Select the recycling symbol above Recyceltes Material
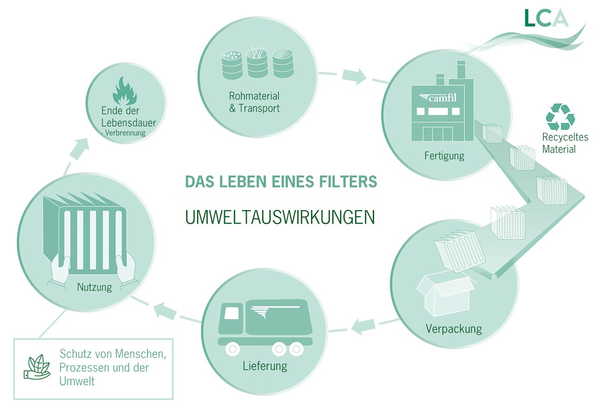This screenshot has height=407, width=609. [x=560, y=117]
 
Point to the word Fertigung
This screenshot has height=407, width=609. [x=444, y=155]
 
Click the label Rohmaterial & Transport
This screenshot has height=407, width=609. [x=254, y=101]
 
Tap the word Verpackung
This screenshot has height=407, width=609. [x=454, y=329]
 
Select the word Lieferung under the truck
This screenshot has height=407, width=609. [x=264, y=365]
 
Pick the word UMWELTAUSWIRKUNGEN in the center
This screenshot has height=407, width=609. [x=280, y=216]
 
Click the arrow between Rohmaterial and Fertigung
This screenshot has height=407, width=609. [x=354, y=77]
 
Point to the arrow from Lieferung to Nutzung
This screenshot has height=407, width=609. [x=164, y=309]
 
